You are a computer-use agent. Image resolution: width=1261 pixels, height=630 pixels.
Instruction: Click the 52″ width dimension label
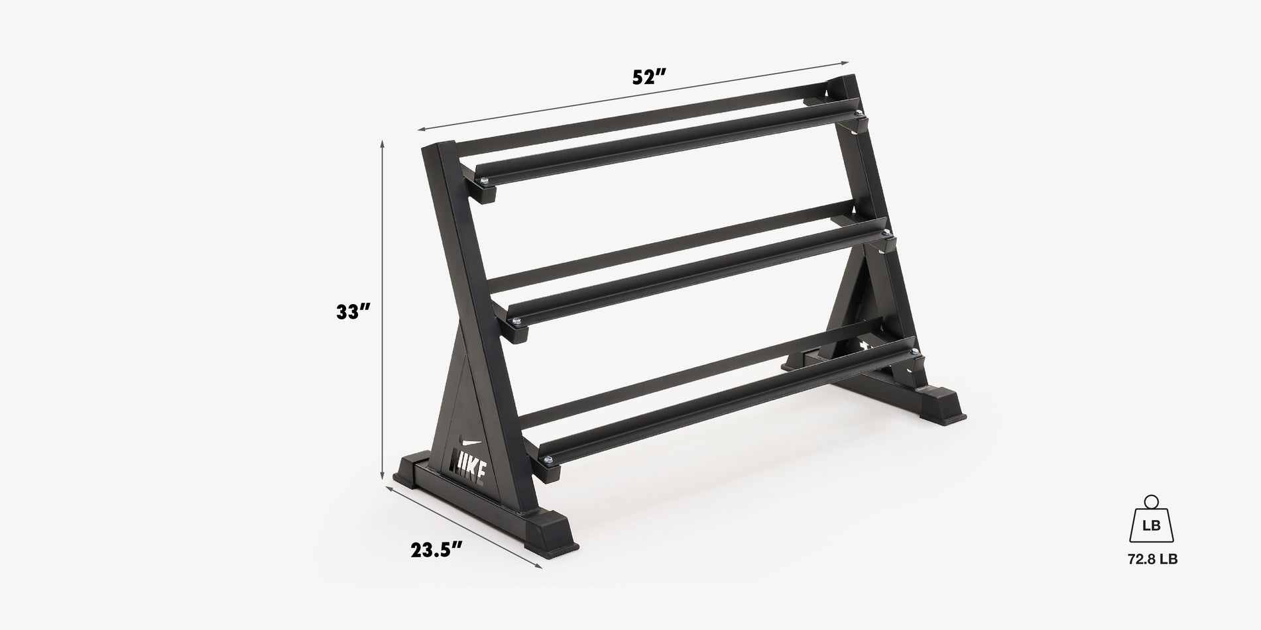pos(648,78)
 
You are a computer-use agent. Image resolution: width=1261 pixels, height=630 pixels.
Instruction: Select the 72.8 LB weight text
pos(1152,560)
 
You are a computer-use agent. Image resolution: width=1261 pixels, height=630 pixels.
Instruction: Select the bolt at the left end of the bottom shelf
pos(548,460)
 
